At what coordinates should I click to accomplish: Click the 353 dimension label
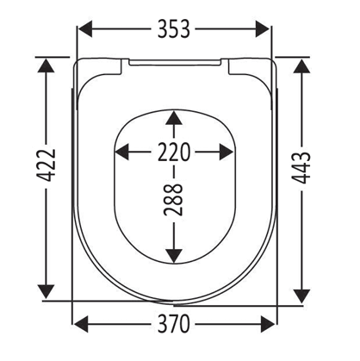[x=174, y=28]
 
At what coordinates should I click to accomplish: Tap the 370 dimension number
[x=174, y=324]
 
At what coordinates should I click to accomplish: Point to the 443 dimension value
[x=301, y=168]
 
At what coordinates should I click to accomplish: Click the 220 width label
[x=174, y=152]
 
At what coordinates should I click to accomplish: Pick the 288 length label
[x=174, y=200]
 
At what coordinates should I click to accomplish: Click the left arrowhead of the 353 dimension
[x=85, y=28]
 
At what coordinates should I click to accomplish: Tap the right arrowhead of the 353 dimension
[x=263, y=28]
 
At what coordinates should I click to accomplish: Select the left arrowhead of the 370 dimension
[x=81, y=324]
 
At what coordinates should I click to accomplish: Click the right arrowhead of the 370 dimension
[x=268, y=324]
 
